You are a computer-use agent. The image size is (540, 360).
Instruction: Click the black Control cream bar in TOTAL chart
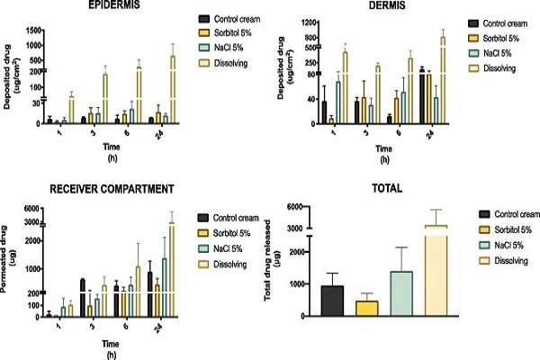point(333,300)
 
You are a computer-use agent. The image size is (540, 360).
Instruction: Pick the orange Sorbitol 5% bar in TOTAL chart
point(367,307)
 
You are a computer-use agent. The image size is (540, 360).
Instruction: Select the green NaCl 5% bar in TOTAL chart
point(401,292)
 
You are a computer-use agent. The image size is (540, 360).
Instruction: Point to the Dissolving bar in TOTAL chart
point(436,270)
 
